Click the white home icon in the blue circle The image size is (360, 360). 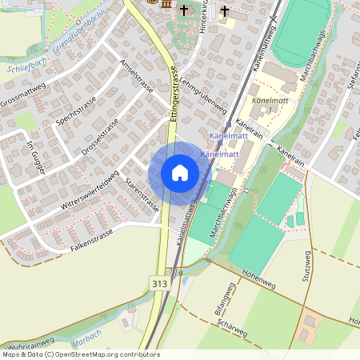[180, 173]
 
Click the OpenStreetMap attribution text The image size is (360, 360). [80, 354]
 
